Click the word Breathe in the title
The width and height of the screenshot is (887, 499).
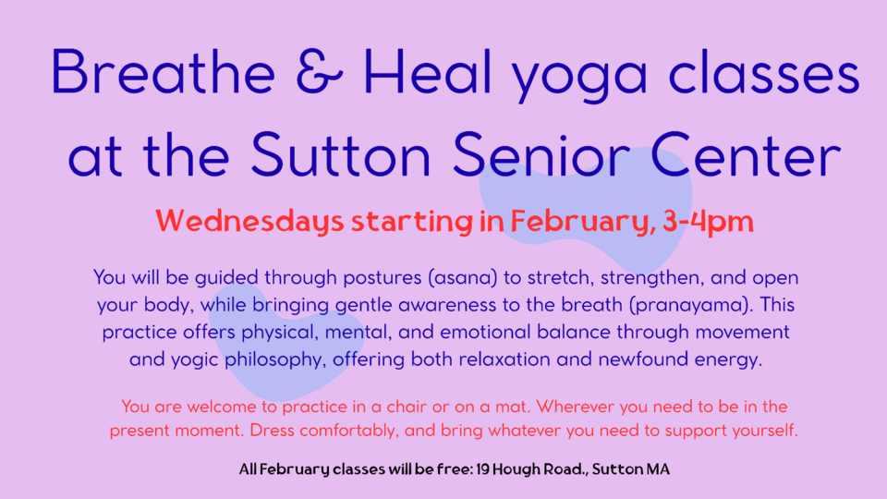pyautogui.click(x=164, y=72)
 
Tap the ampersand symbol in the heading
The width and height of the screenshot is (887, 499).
pyautogui.click(x=320, y=72)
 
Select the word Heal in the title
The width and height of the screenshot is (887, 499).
pyautogui.click(x=428, y=72)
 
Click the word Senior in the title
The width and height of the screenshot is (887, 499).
pyautogui.click(x=541, y=154)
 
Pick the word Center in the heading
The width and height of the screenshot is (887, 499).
pyautogui.click(x=747, y=154)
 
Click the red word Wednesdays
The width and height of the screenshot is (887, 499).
pyautogui.click(x=249, y=222)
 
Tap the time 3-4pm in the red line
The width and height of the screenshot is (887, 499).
pyautogui.click(x=708, y=222)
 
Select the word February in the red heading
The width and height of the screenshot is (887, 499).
pyautogui.click(x=583, y=222)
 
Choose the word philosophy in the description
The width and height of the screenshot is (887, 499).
pyautogui.click(x=275, y=359)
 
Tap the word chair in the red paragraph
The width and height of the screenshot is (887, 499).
pyautogui.click(x=407, y=407)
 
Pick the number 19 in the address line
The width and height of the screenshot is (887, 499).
pyautogui.click(x=482, y=469)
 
